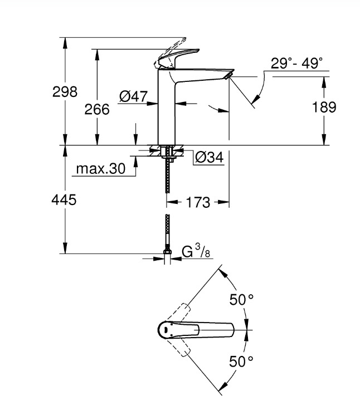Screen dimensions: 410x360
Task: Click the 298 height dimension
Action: (x=65, y=91)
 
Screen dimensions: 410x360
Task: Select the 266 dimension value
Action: (x=97, y=109)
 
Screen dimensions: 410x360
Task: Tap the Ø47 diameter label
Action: (x=133, y=96)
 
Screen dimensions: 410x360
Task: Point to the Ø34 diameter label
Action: (x=210, y=158)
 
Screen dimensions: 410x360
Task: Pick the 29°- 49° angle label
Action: (x=297, y=64)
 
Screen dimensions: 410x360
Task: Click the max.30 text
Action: (x=101, y=169)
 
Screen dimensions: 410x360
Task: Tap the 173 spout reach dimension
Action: (x=199, y=203)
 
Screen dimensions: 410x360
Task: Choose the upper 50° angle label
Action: (x=242, y=300)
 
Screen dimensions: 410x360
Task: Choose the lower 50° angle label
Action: (x=242, y=360)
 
